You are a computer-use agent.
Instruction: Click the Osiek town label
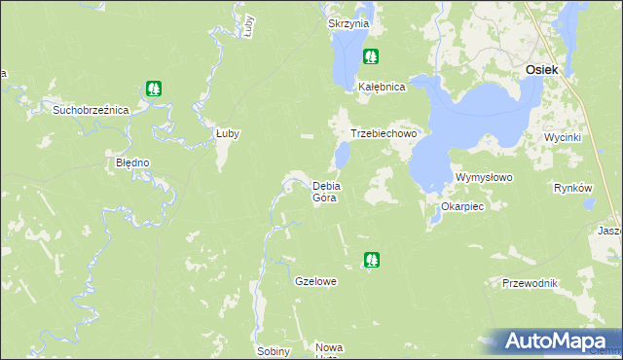pos(540,69)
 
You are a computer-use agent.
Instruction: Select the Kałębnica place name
pos(381,86)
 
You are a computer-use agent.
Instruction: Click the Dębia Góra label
pos(324,192)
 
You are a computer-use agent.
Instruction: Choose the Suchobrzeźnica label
pos(91,110)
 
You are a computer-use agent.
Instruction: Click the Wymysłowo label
pos(484,178)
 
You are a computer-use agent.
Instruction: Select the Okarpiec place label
pos(462,206)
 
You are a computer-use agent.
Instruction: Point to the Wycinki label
pos(563,137)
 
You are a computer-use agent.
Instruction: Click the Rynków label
pos(572,188)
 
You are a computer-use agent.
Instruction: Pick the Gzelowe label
pos(315,281)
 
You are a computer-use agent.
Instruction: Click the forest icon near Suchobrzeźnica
pos(154,89)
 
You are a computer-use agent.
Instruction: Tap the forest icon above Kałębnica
pos(370,56)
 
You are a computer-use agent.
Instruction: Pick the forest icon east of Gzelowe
pos(371,259)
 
